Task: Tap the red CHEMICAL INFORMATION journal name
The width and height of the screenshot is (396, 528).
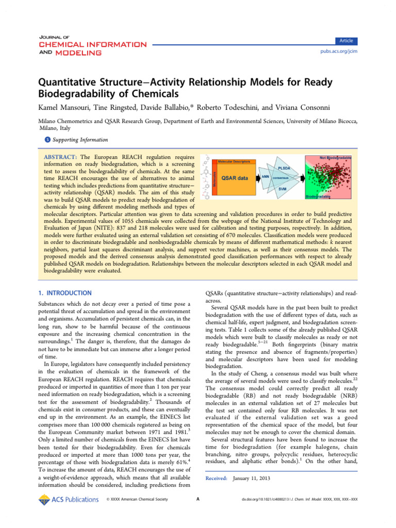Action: [x=93, y=44]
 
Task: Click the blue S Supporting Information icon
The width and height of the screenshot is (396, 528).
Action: [x=48, y=140]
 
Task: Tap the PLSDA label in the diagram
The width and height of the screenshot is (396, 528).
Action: [x=285, y=168]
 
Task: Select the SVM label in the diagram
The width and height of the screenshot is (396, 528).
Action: [x=283, y=189]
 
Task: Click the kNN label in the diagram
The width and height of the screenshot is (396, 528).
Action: [x=266, y=177]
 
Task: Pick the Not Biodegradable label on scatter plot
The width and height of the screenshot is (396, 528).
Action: [x=336, y=157]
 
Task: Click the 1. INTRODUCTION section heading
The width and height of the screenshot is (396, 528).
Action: [x=65, y=293]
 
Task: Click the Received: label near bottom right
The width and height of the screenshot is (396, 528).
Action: [x=217, y=478]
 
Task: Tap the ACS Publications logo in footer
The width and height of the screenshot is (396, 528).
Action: [x=68, y=499]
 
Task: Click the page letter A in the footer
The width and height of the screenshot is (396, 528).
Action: [x=198, y=499]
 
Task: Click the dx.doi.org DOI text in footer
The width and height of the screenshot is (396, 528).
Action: [x=300, y=499]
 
